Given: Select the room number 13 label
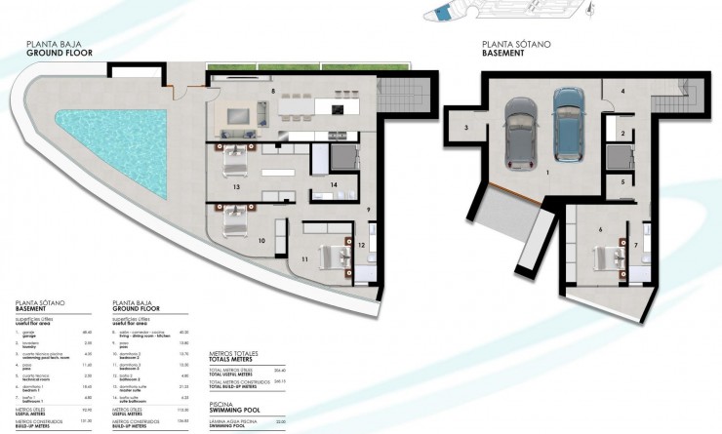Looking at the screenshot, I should (x=236, y=185).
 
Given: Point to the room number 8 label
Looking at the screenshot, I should (x=272, y=91).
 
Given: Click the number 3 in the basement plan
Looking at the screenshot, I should (x=466, y=128).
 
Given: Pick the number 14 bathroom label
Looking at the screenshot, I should (x=334, y=184).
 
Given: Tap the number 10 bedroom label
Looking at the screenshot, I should (x=261, y=239).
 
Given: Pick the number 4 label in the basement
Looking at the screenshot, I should (x=622, y=90).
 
